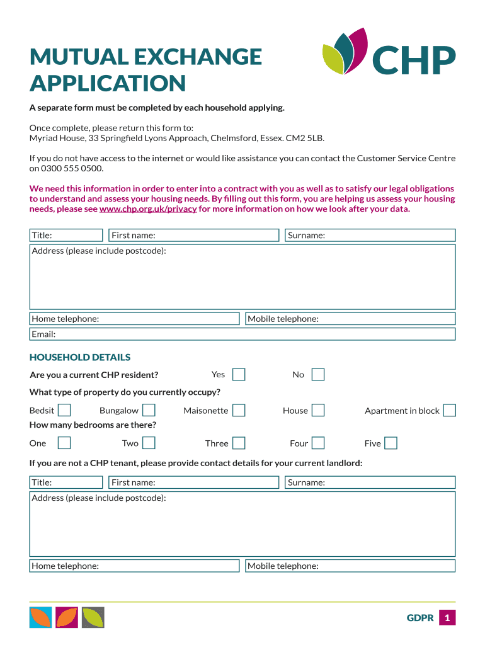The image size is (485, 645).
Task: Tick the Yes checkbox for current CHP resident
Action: [x=239, y=375]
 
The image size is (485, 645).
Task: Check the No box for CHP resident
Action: [x=318, y=375]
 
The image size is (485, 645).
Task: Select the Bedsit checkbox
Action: [x=64, y=411]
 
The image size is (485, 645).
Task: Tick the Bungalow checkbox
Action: [x=149, y=411]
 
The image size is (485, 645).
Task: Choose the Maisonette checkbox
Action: [x=239, y=411]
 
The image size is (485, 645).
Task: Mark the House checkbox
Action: [x=318, y=411]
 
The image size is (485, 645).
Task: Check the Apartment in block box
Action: [x=449, y=411]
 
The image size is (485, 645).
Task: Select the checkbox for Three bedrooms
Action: [x=239, y=443]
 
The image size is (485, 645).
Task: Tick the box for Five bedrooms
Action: [x=391, y=443]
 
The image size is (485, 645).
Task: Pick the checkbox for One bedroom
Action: [x=64, y=443]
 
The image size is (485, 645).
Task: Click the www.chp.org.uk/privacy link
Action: [x=149, y=209]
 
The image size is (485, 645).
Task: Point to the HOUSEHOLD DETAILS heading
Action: [x=80, y=357]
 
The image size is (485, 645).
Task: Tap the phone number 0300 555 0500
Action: [x=72, y=169]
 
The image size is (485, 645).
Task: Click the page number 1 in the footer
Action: [x=447, y=618]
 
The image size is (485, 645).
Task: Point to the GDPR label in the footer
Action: [x=420, y=618]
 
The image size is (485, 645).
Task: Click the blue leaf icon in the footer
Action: [x=40, y=617]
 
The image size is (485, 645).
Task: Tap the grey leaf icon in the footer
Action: [x=93, y=617]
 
